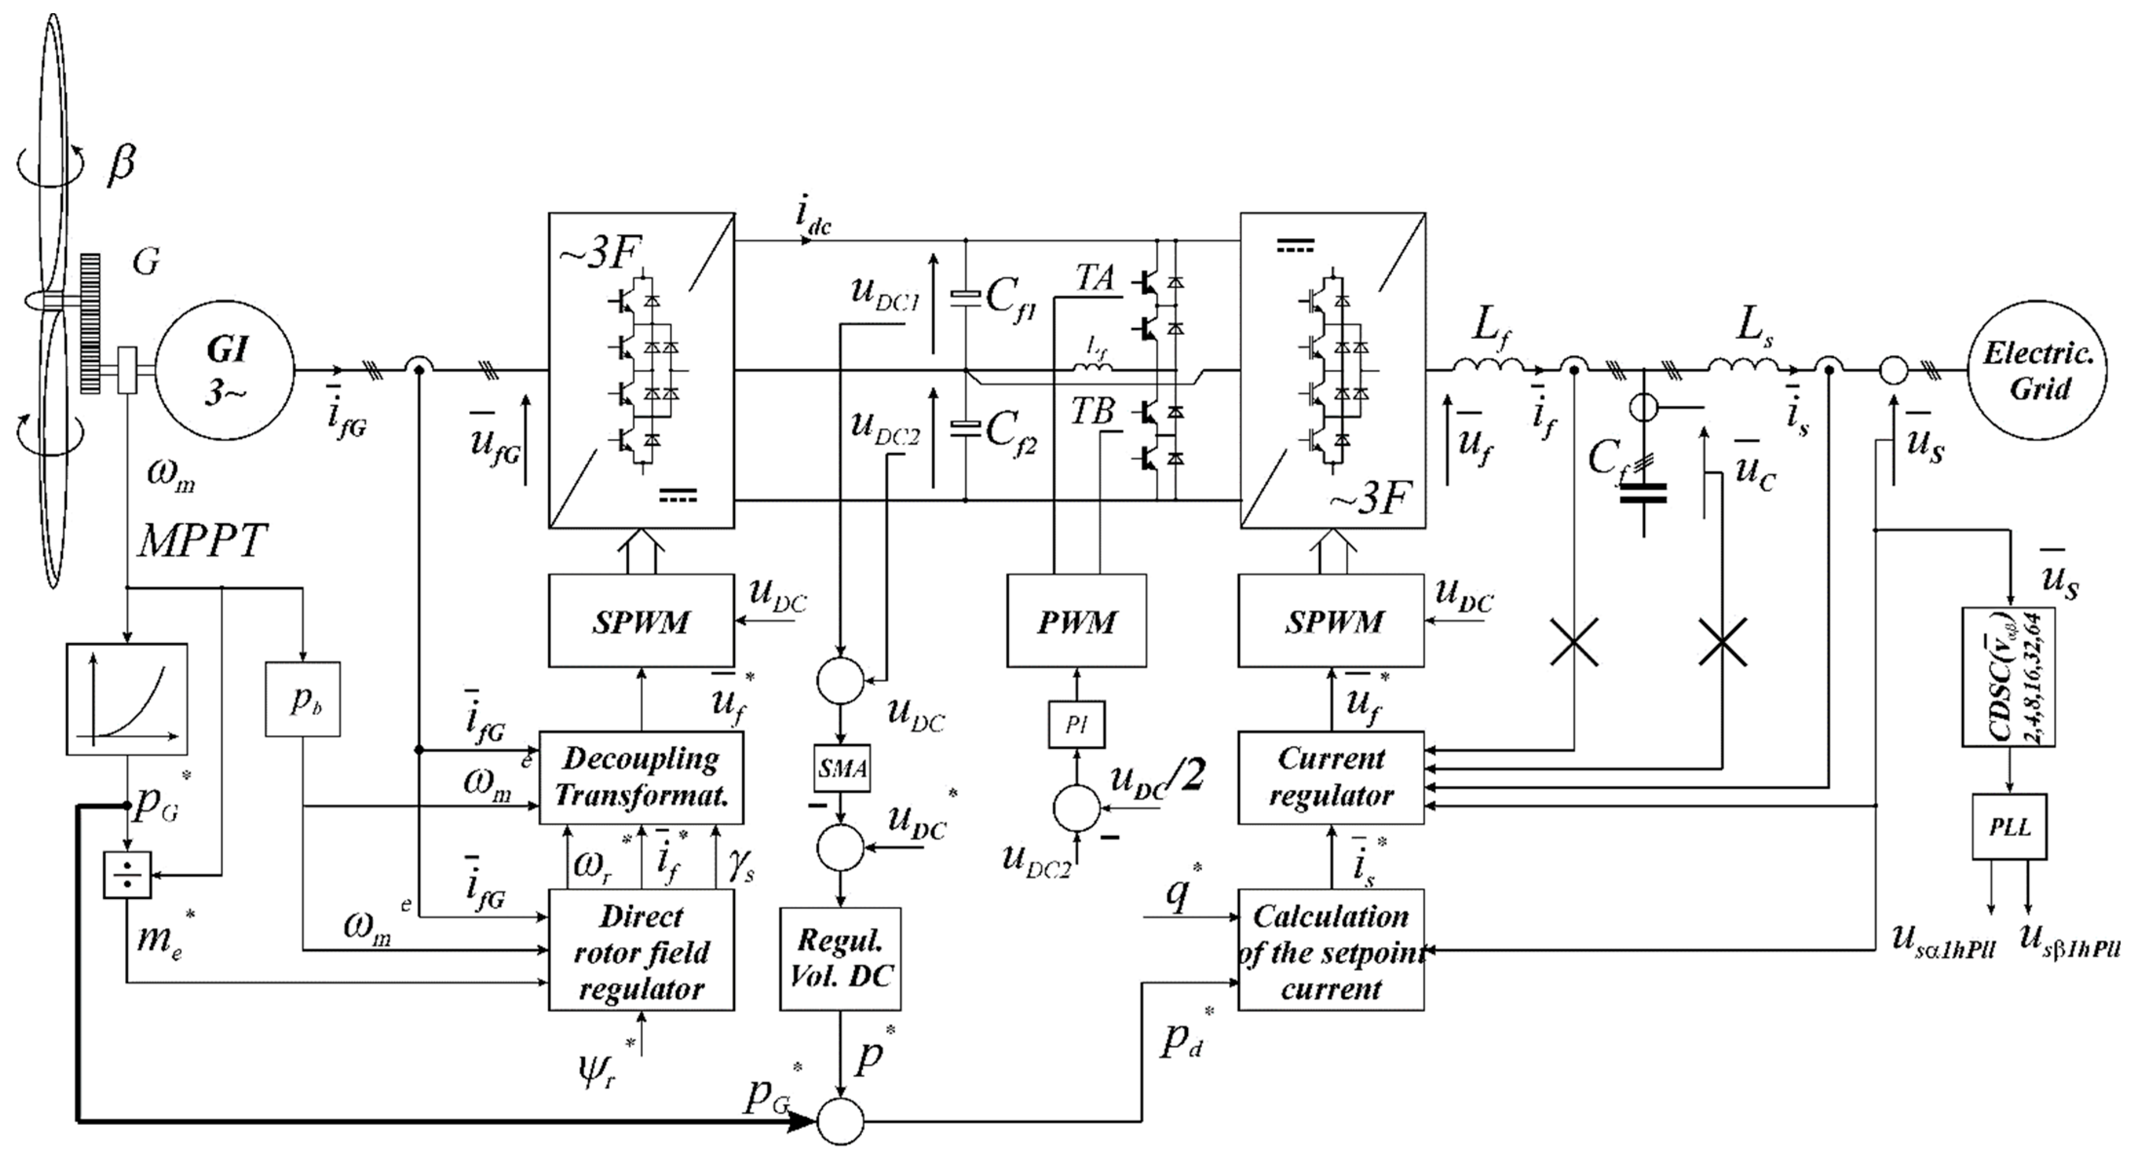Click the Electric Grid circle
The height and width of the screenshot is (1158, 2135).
point(2037,371)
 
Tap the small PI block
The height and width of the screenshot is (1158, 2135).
point(1076,724)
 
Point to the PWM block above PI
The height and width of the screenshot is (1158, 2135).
point(1076,620)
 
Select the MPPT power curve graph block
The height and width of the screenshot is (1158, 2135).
point(127,699)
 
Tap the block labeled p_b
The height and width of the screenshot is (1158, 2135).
point(302,699)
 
